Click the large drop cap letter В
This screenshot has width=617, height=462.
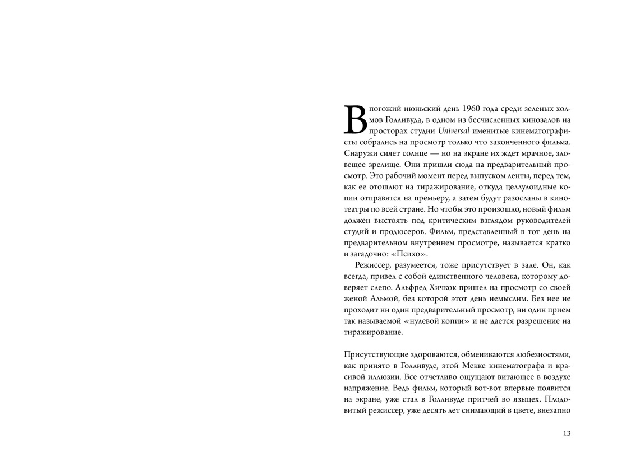[354, 119]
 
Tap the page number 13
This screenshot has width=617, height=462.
[565, 433]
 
